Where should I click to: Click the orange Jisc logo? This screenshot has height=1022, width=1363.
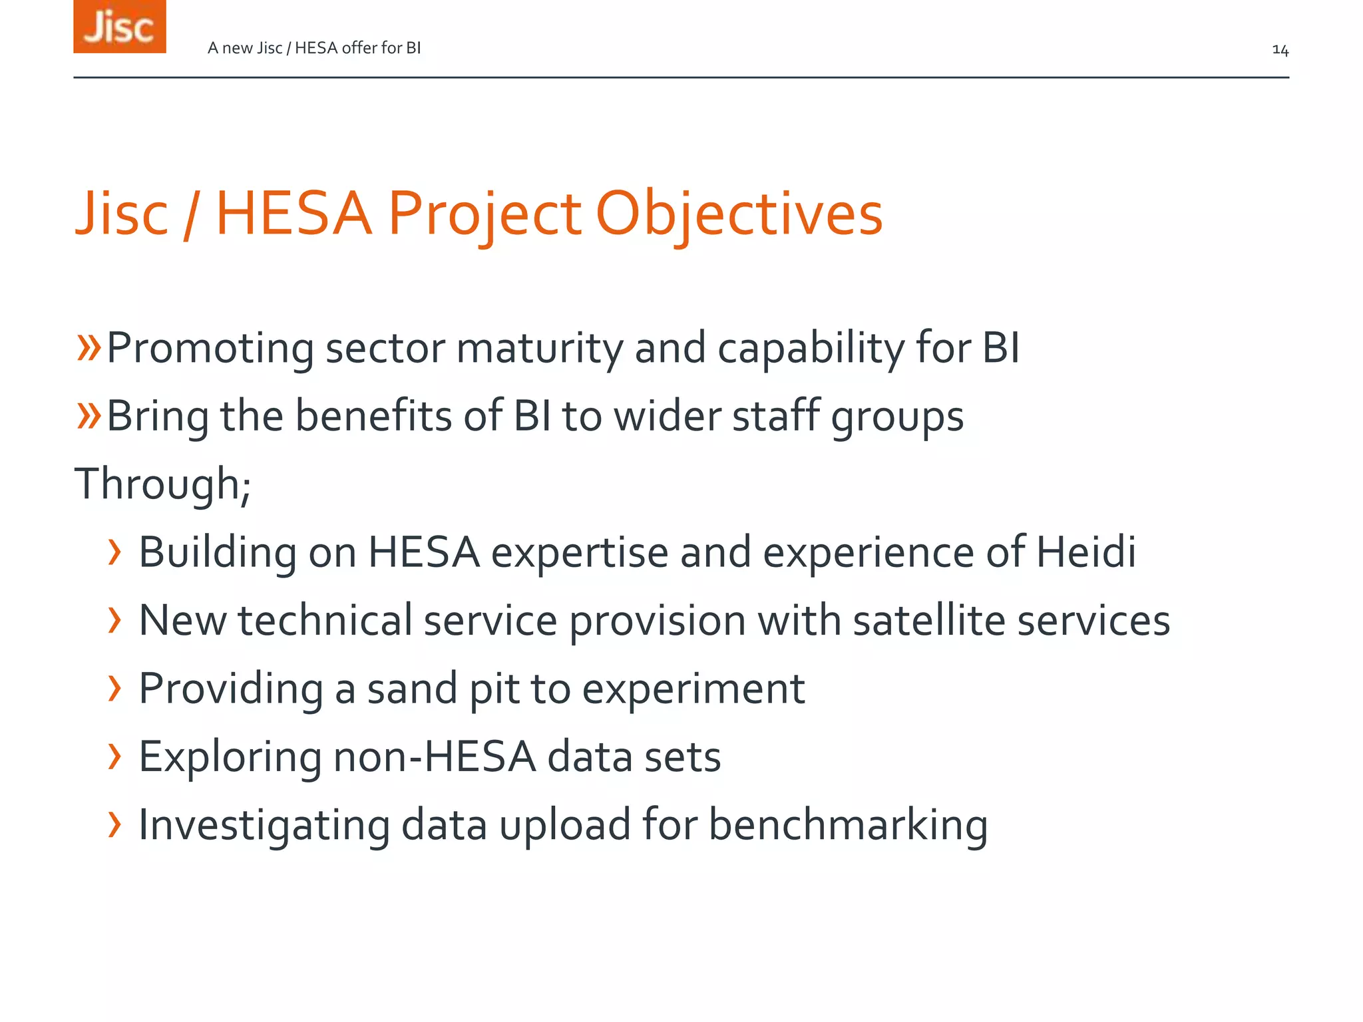[x=119, y=27]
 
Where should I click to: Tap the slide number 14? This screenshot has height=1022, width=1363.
[x=1280, y=50]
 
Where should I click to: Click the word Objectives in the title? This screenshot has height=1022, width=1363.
[x=739, y=214]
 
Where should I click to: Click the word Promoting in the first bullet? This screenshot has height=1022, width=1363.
[x=210, y=348]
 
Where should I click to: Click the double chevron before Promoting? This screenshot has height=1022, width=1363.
[x=89, y=347]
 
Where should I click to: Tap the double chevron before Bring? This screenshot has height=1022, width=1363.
[x=89, y=416]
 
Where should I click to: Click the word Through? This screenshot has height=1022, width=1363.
[x=162, y=484]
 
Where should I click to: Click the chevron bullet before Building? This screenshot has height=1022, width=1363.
[x=115, y=552]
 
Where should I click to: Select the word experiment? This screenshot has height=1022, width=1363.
[x=693, y=689]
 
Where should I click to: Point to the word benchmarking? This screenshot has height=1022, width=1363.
[x=847, y=825]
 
